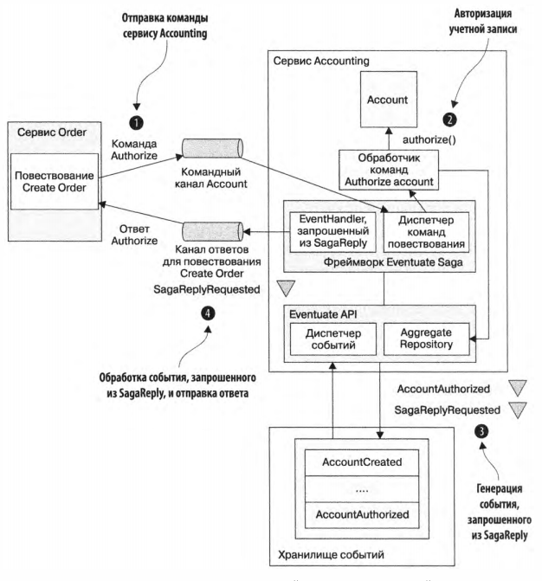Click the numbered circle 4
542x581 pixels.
pos(209,313)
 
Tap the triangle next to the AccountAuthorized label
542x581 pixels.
pos(518,387)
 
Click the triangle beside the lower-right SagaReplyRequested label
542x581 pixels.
pos(518,410)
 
